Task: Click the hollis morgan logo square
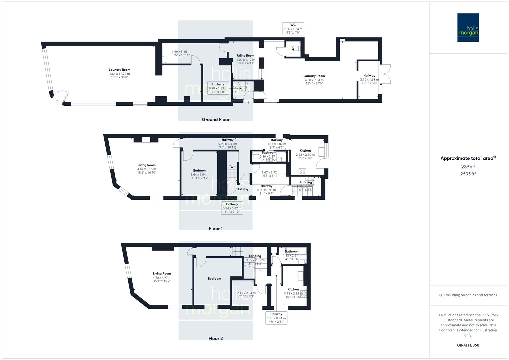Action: pyautogui.click(x=468, y=28)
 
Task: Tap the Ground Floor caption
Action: pyautogui.click(x=216, y=120)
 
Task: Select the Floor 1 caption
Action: pyautogui.click(x=216, y=229)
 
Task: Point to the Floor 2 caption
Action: pyautogui.click(x=216, y=338)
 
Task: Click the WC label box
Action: pyautogui.click(x=293, y=29)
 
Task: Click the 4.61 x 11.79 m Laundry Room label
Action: pyautogui.click(x=119, y=73)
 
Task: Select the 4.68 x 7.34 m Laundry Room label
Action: pyautogui.click(x=314, y=80)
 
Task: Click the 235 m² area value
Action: pyautogui.click(x=468, y=167)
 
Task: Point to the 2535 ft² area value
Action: pyautogui.click(x=468, y=174)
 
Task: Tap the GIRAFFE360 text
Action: pyautogui.click(x=468, y=345)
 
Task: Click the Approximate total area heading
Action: pyautogui.click(x=468, y=158)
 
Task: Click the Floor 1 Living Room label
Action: pyautogui.click(x=147, y=169)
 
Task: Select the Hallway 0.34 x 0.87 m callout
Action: pyautogui.click(x=232, y=208)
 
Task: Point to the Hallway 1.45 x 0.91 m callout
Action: pyautogui.click(x=276, y=318)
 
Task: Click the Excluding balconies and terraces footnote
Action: pyautogui.click(x=468, y=295)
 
